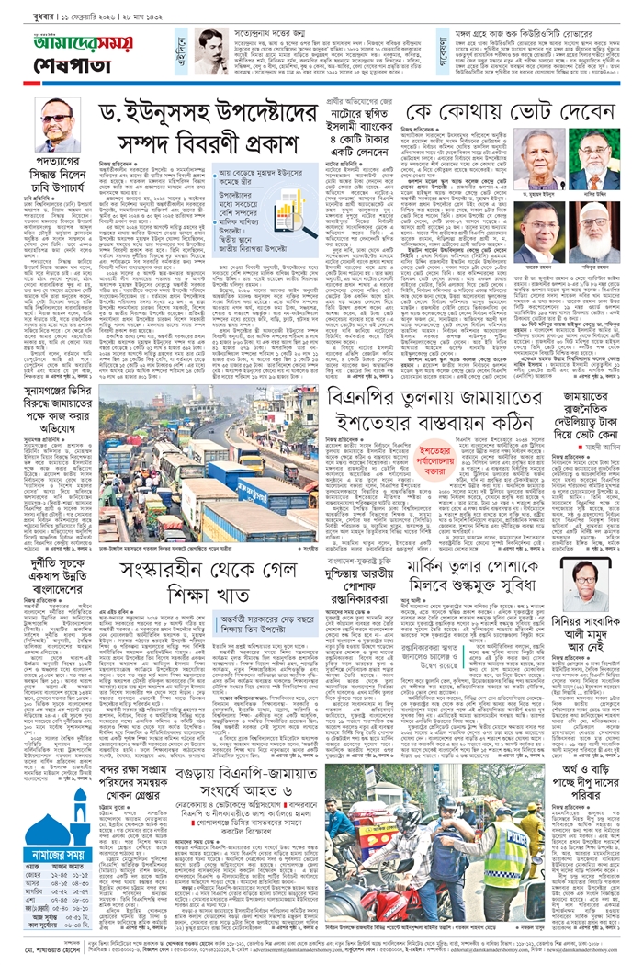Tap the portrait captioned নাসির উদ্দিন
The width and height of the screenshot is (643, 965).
pyautogui.click(x=594, y=157)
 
